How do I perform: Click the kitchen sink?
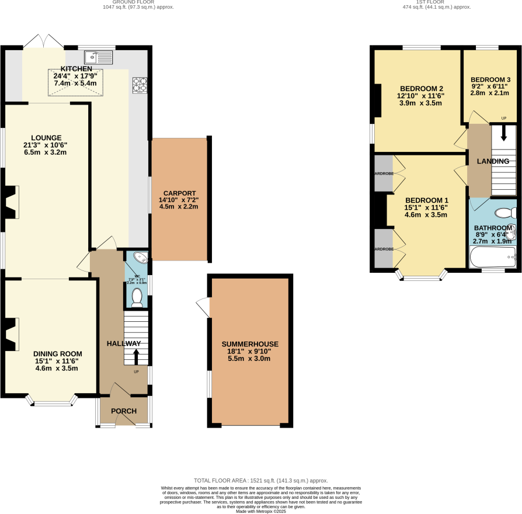pyautogui.click(x=98, y=57)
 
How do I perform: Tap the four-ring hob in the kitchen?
pyautogui.click(x=140, y=85)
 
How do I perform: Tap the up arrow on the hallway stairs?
pyautogui.click(x=137, y=356)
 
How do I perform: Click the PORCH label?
pyautogui.click(x=124, y=411)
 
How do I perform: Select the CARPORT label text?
pyautogui.click(x=179, y=193)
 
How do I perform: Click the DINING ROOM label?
pyautogui.click(x=57, y=354)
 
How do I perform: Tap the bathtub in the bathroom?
pyautogui.click(x=493, y=256)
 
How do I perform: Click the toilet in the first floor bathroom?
pyautogui.click(x=503, y=213)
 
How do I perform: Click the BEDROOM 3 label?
pyautogui.click(x=490, y=80)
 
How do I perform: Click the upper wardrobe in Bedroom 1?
pyautogui.click(x=384, y=173)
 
